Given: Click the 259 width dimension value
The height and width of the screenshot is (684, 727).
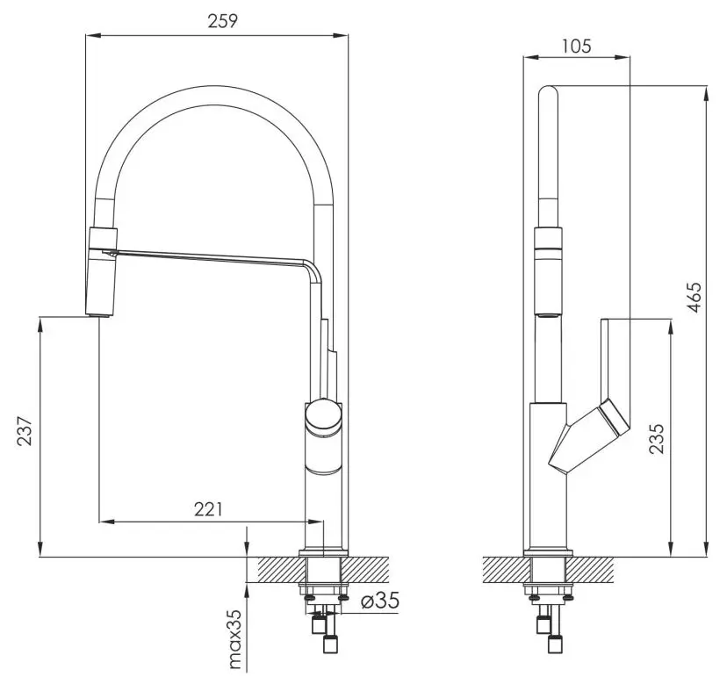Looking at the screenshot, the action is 222,21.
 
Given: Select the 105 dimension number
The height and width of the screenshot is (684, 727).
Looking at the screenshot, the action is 576,47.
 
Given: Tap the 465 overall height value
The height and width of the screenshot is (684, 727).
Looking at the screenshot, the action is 695,298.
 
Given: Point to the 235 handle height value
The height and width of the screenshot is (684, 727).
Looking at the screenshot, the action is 657,439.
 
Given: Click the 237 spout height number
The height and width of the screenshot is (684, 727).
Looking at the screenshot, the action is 25,432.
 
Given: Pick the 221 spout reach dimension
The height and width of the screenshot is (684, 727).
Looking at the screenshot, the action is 208,509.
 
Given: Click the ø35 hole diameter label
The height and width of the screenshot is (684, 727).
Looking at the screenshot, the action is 379,601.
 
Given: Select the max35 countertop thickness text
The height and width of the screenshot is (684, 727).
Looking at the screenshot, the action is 235,639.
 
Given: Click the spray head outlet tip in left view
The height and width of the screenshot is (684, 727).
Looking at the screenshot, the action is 97,315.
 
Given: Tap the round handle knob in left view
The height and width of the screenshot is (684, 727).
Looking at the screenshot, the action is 323,415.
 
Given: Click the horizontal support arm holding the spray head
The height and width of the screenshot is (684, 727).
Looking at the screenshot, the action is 209,257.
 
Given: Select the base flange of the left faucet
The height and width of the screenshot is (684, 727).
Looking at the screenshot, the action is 323,553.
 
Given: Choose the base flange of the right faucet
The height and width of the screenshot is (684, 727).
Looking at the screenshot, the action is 548,553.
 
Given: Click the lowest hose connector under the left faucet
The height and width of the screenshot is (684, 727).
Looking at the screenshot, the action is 331,644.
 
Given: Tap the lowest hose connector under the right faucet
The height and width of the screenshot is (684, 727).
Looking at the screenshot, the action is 556,644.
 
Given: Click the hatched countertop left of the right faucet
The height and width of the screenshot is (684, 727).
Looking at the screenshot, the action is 507,569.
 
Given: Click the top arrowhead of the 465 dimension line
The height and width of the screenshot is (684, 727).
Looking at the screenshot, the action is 707,92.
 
